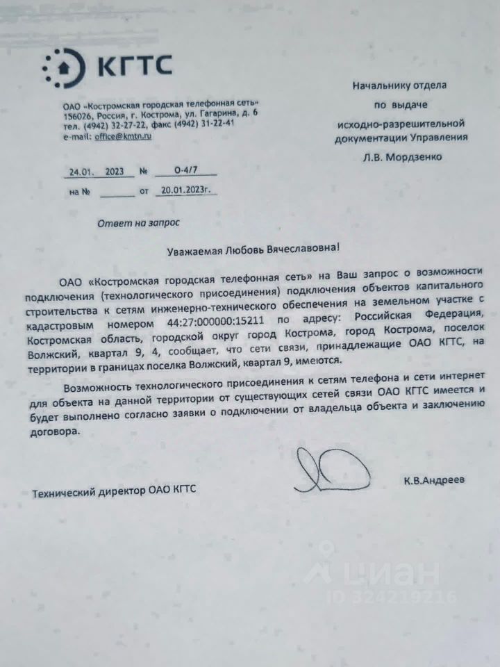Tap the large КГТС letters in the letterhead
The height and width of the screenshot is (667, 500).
(x=133, y=67)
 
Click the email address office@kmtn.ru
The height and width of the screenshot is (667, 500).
(x=123, y=136)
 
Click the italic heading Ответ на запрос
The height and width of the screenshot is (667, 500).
(x=138, y=222)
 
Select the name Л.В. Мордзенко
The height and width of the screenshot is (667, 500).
(x=401, y=156)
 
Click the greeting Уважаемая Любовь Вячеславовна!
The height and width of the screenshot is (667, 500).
(x=254, y=249)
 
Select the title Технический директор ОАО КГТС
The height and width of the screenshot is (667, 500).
(x=115, y=491)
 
